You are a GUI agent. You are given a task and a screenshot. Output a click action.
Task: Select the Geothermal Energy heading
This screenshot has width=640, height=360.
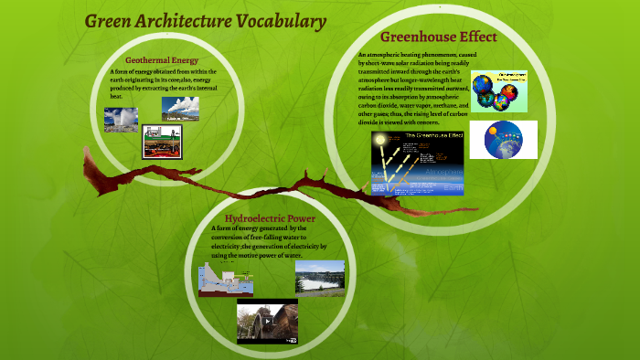(162, 59)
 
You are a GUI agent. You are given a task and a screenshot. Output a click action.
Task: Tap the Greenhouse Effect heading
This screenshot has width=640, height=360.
(438, 37)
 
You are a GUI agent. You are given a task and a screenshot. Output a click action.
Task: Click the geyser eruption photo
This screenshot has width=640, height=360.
(122, 120)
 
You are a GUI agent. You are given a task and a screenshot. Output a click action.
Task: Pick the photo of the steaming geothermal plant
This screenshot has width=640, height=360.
(180, 109)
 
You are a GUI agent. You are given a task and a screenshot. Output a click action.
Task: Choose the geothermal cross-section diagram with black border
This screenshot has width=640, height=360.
(163, 142)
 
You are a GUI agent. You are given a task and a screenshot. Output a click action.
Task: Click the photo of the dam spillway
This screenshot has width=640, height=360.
(320, 278)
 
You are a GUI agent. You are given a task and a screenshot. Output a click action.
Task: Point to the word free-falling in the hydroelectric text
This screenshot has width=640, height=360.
(272, 238)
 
